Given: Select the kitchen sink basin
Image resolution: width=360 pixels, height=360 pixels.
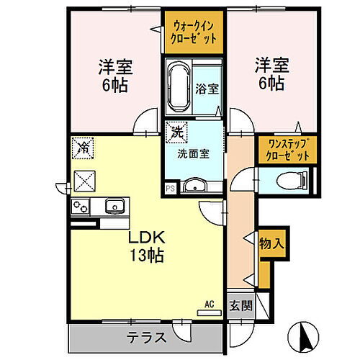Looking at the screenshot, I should pyautogui.click(x=114, y=207).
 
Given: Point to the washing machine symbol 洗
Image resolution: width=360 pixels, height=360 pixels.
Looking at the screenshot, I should pyautogui.click(x=175, y=132).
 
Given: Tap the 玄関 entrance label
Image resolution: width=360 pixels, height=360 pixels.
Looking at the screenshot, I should pyautogui.click(x=241, y=305).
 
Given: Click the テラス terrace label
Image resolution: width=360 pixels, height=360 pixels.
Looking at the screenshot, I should pyautogui.click(x=148, y=336).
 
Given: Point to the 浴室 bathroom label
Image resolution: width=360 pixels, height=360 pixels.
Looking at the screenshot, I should pyautogui.click(x=207, y=89).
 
